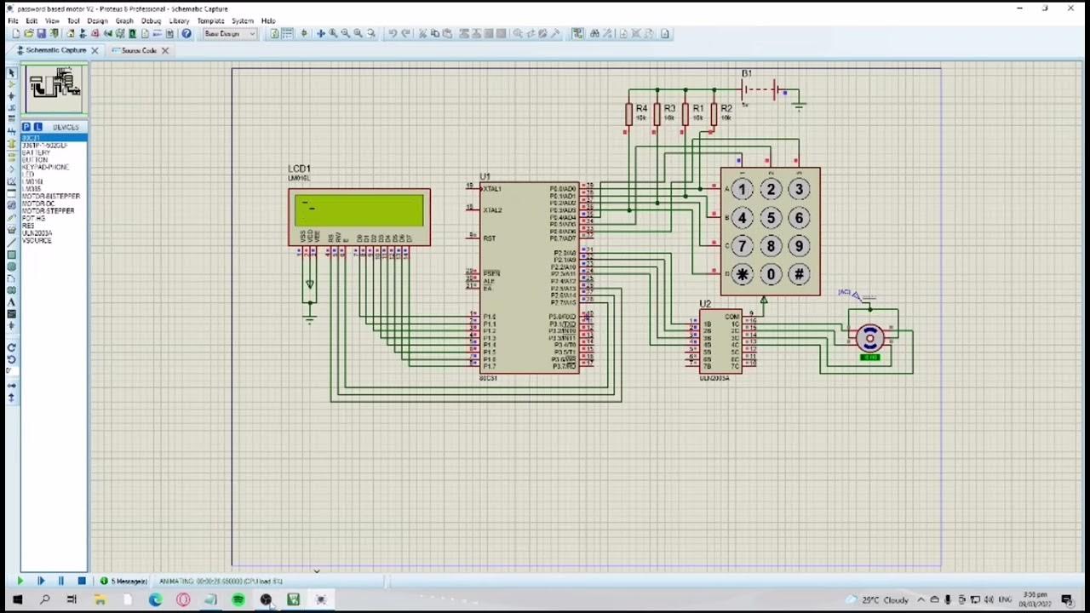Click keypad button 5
click(x=771, y=218)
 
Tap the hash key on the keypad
click(x=799, y=274)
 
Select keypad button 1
click(x=743, y=190)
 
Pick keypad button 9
click(x=799, y=246)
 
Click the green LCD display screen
click(x=359, y=210)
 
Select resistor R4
click(x=629, y=113)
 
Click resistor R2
click(x=714, y=113)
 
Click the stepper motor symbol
click(x=869, y=339)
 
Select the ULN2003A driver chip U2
click(x=720, y=342)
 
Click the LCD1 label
click(x=299, y=169)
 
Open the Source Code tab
click(x=138, y=51)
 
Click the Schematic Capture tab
click(x=55, y=51)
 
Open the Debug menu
click(x=151, y=20)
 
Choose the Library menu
click(x=179, y=20)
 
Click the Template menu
click(x=210, y=20)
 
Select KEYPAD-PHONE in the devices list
click(x=45, y=167)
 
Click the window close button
click(x=1071, y=9)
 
